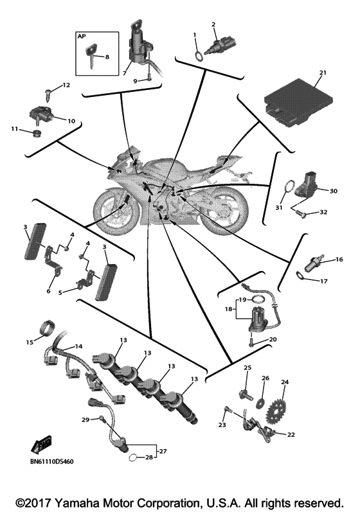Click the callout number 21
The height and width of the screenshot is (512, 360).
pyautogui.click(x=323, y=73)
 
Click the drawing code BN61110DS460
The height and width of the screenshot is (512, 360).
pyautogui.click(x=52, y=461)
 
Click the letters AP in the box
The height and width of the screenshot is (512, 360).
pyautogui.click(x=82, y=36)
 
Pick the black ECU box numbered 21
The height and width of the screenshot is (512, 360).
pyautogui.click(x=299, y=102)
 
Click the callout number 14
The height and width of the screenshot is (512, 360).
pyautogui.click(x=78, y=346)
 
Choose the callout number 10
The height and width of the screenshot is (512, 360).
pyautogui.click(x=71, y=121)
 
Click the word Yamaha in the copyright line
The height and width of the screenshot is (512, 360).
pyautogui.click(x=72, y=502)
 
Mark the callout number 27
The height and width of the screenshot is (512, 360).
pyautogui.click(x=163, y=451)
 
